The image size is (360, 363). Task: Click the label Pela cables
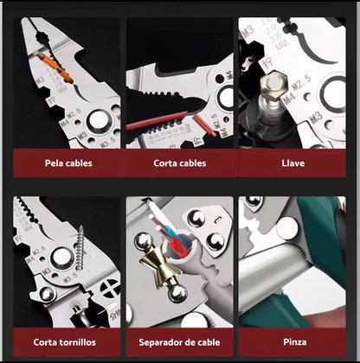[68, 162]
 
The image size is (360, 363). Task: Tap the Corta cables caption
[180, 162]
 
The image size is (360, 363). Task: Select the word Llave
[292, 162]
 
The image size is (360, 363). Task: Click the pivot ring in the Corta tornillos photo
[60, 257]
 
